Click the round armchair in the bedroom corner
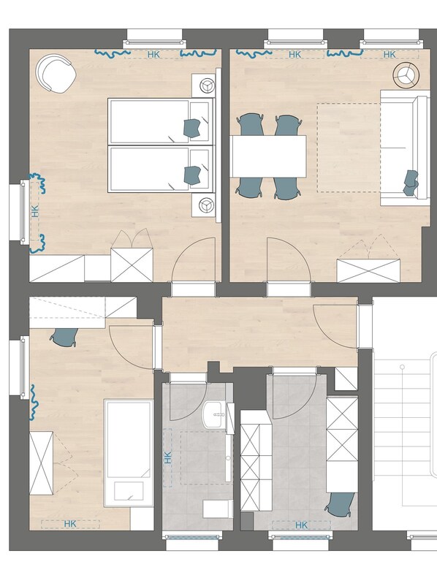click(x=56, y=74)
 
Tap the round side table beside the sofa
click(x=406, y=73)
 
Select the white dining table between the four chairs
click(x=268, y=156)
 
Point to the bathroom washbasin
click(x=216, y=415)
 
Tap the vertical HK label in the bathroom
click(x=168, y=460)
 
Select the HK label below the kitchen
click(x=300, y=525)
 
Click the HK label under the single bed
click(x=71, y=523)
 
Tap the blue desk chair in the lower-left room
click(x=66, y=337)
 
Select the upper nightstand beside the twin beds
click(x=205, y=85)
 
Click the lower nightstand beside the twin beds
click(x=205, y=206)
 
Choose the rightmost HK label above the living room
click(x=389, y=54)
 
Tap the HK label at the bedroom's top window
click(x=153, y=54)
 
